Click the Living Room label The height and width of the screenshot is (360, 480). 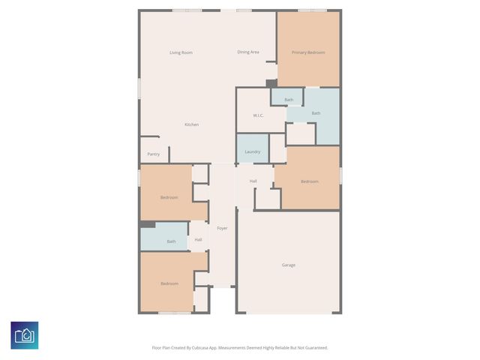(181, 52)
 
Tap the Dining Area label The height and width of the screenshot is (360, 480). (248, 52)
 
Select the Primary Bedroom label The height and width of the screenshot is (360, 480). (308, 52)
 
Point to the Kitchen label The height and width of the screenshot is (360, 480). (192, 124)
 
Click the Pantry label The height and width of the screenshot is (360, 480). (153, 154)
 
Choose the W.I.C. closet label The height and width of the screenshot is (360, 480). (257, 115)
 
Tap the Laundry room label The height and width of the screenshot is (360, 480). (253, 151)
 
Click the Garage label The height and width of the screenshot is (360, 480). (289, 265)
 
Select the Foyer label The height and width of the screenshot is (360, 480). (222, 228)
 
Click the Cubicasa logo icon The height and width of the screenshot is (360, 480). (24, 334)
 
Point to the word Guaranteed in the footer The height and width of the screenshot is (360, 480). (312, 348)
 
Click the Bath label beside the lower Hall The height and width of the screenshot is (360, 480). (171, 241)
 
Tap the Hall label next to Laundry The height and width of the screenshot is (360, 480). (253, 181)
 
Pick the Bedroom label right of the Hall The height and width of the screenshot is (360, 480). (310, 181)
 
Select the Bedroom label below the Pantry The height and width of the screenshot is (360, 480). (169, 197)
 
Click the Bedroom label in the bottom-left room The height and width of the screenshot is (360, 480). (169, 283)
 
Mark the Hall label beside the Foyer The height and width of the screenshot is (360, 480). (198, 240)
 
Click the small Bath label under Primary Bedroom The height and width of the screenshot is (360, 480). (289, 100)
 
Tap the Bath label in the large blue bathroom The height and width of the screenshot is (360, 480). (316, 113)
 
